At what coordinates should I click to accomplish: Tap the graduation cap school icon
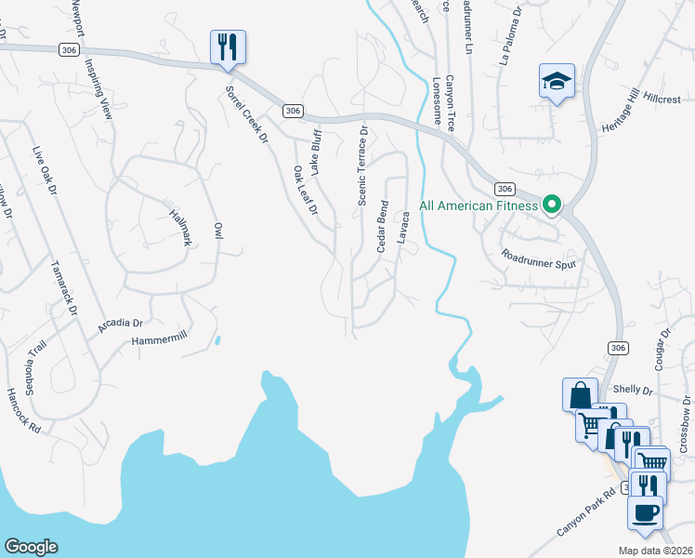(557, 82)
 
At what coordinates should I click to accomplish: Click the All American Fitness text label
(479, 206)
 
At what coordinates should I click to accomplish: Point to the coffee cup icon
(645, 512)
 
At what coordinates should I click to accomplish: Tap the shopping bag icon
(580, 392)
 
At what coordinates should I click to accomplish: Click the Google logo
(31, 547)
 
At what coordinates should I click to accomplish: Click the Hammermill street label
(160, 341)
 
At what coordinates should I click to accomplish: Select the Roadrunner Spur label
(539, 259)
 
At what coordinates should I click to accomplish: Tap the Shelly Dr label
(633, 391)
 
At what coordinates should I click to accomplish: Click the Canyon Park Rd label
(586, 513)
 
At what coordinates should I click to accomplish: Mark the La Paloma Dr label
(511, 46)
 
